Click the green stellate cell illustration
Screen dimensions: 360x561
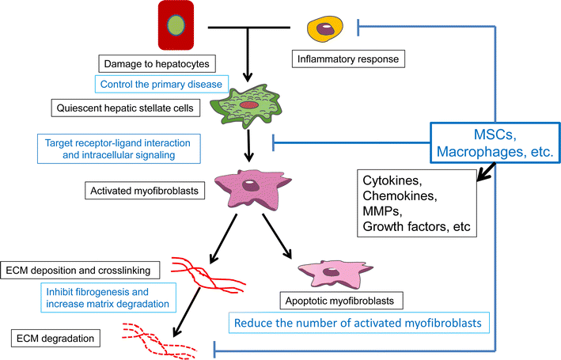point(249,107)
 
